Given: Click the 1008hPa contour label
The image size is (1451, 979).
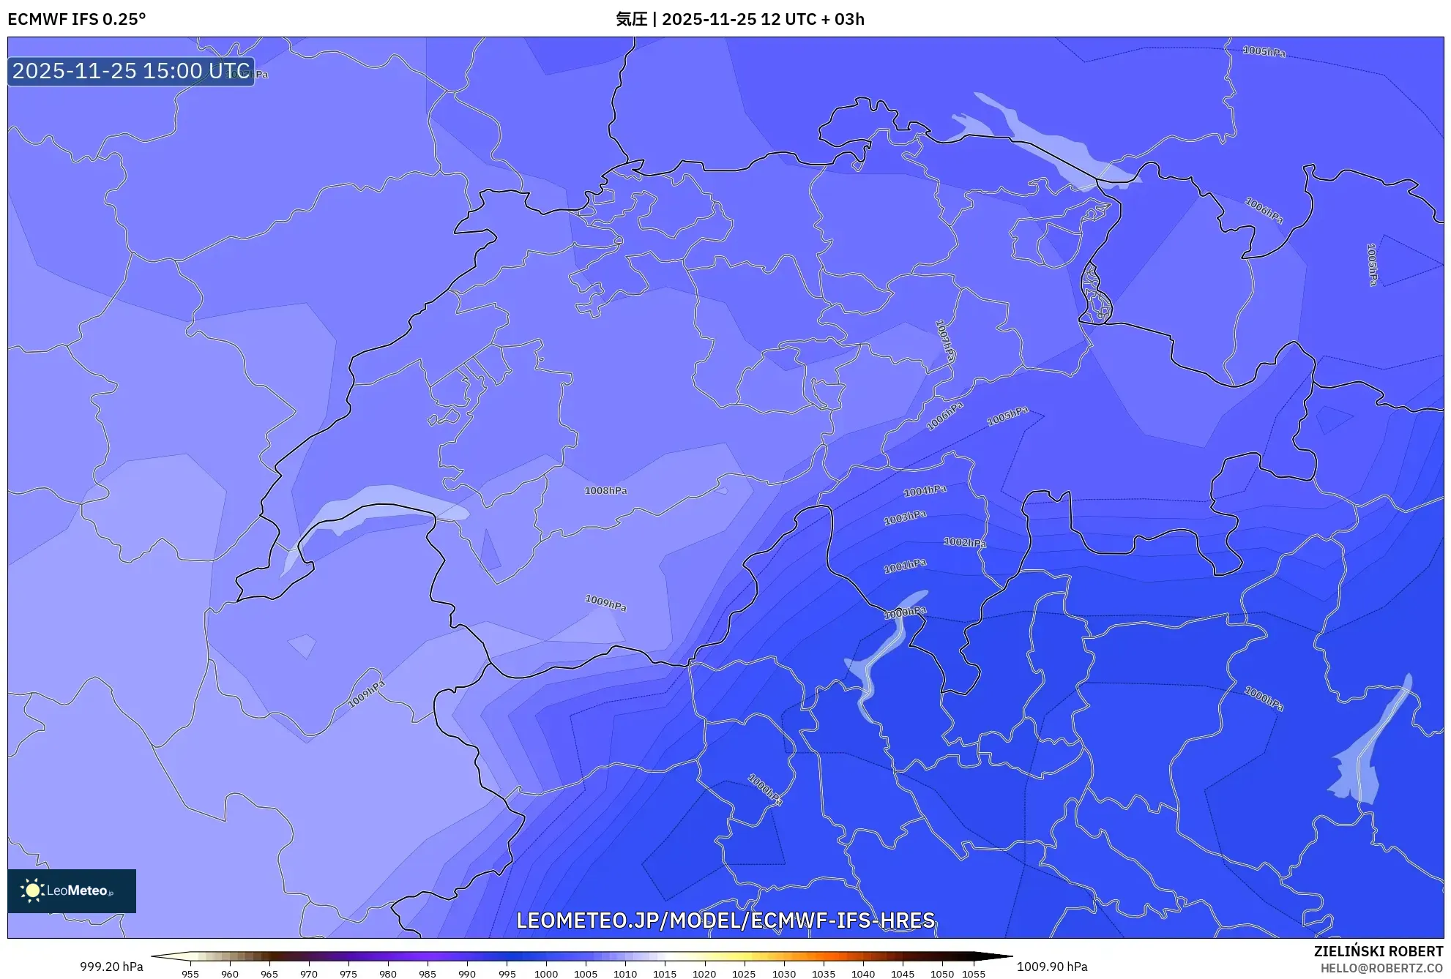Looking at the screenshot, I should click(605, 490).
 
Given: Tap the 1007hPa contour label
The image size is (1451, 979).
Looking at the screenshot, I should click(944, 340).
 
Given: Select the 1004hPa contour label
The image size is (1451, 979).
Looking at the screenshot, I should click(925, 491).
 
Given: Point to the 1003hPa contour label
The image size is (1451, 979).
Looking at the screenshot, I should click(905, 517).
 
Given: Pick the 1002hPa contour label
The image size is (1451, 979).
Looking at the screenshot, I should click(964, 542).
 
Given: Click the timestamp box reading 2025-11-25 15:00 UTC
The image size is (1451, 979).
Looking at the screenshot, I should click(131, 71).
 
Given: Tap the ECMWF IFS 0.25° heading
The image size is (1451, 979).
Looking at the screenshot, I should click(76, 19).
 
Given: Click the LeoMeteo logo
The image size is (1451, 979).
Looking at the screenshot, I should click(72, 890).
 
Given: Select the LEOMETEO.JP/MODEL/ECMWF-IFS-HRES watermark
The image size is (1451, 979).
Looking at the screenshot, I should click(725, 920).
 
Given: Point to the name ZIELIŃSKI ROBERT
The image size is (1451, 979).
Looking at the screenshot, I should click(1378, 951).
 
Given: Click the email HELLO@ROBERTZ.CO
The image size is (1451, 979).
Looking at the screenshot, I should click(1381, 968).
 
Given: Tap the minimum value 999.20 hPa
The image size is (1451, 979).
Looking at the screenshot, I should click(111, 967).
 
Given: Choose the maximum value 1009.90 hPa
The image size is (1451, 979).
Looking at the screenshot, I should click(1052, 967).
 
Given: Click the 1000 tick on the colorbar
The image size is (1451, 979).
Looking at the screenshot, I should click(546, 973).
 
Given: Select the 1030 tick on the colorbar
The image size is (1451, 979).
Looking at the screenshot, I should click(783, 973).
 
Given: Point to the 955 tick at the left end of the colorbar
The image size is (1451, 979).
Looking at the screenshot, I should click(190, 973).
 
